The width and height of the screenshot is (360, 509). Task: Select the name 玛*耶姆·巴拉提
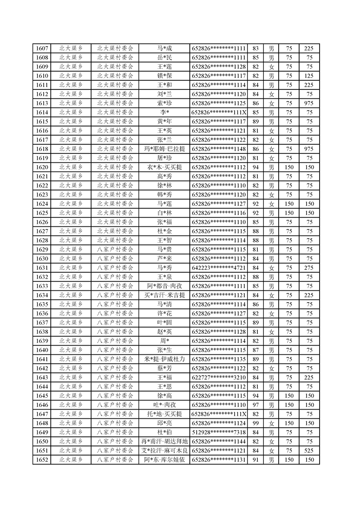pyautogui.click(x=164, y=149)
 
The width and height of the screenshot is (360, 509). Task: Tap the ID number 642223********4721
pyautogui.click(x=219, y=268)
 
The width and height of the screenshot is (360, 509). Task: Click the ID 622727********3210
pyautogui.click(x=219, y=377)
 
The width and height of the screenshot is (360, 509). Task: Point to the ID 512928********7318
pyautogui.click(x=219, y=432)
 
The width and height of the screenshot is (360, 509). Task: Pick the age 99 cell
pyautogui.click(x=255, y=423)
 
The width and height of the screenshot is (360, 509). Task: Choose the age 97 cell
pyautogui.click(x=255, y=405)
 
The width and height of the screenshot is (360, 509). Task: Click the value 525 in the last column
pyautogui.click(x=309, y=450)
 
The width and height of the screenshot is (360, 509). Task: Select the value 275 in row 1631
pyautogui.click(x=309, y=268)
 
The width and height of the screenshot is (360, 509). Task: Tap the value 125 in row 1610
pyautogui.click(x=309, y=76)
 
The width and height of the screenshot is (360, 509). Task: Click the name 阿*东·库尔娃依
pyautogui.click(x=164, y=460)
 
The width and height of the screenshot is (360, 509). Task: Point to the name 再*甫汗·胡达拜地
pyautogui.click(x=164, y=441)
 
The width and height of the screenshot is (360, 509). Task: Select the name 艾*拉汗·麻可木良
pyautogui.click(x=164, y=450)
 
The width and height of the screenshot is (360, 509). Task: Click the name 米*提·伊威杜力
pyautogui.click(x=164, y=359)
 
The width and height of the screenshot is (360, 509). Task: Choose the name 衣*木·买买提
pyautogui.click(x=164, y=167)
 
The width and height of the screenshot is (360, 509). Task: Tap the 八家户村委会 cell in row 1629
pyautogui.click(x=115, y=249)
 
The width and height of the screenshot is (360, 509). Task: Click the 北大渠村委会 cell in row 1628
pyautogui.click(x=115, y=240)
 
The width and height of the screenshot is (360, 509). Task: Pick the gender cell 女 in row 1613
pyautogui.click(x=271, y=103)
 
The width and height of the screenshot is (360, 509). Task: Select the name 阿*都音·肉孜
pyautogui.click(x=164, y=286)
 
